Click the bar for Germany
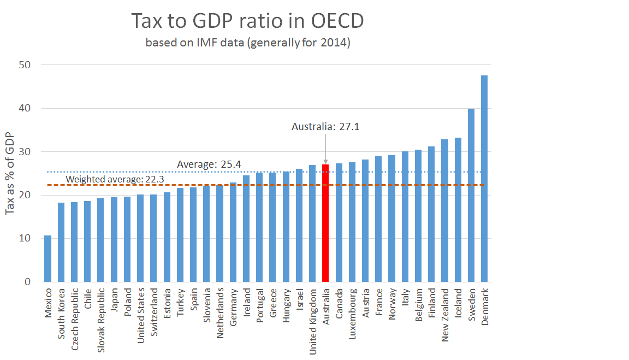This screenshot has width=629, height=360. click(233, 232)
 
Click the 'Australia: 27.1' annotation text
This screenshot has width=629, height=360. click(325, 127)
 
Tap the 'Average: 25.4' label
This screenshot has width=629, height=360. click(201, 164)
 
